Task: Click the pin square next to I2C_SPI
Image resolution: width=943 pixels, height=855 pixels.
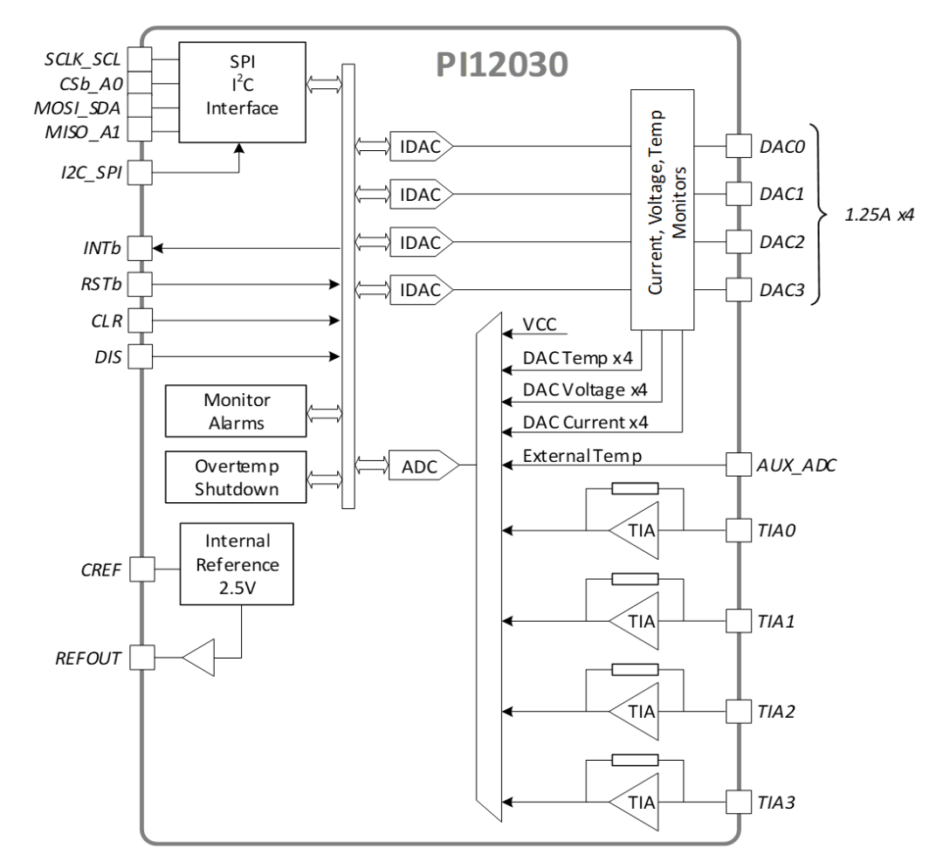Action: click(x=140, y=174)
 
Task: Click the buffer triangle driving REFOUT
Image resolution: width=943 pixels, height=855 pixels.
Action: click(x=199, y=656)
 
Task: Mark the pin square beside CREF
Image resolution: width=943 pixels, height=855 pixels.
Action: click(x=140, y=571)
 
